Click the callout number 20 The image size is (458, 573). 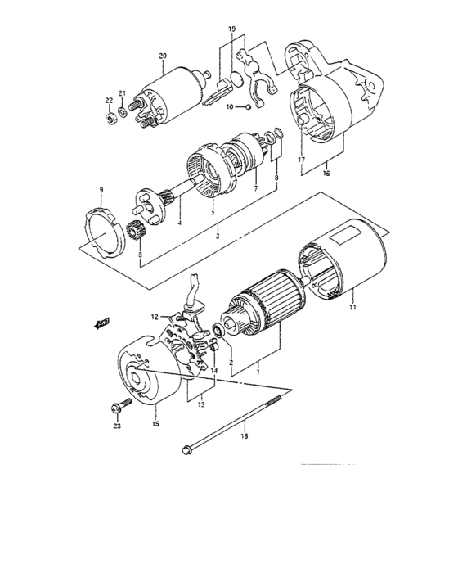click(x=163, y=56)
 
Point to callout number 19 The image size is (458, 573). click(x=231, y=29)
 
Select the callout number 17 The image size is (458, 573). click(x=302, y=159)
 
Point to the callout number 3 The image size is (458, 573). click(x=216, y=236)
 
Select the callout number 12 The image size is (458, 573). click(x=152, y=317)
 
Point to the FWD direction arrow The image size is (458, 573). click(x=102, y=324)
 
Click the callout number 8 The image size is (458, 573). click(x=276, y=178)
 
